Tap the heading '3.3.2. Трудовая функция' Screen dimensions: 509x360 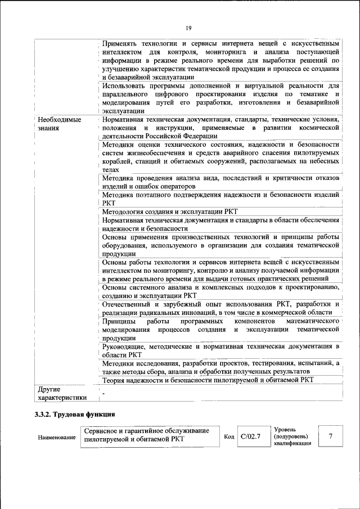(x=75, y=415)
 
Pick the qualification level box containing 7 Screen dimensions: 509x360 (x=331, y=436)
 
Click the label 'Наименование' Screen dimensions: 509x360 (x=57, y=437)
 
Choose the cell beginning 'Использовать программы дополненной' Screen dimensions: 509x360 (x=220, y=98)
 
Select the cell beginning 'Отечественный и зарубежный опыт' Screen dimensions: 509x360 (x=220, y=308)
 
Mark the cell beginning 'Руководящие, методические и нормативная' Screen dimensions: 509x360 (x=220, y=351)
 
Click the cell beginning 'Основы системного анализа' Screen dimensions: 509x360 (x=220, y=291)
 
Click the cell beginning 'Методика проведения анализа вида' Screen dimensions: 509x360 (x=220, y=182)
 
